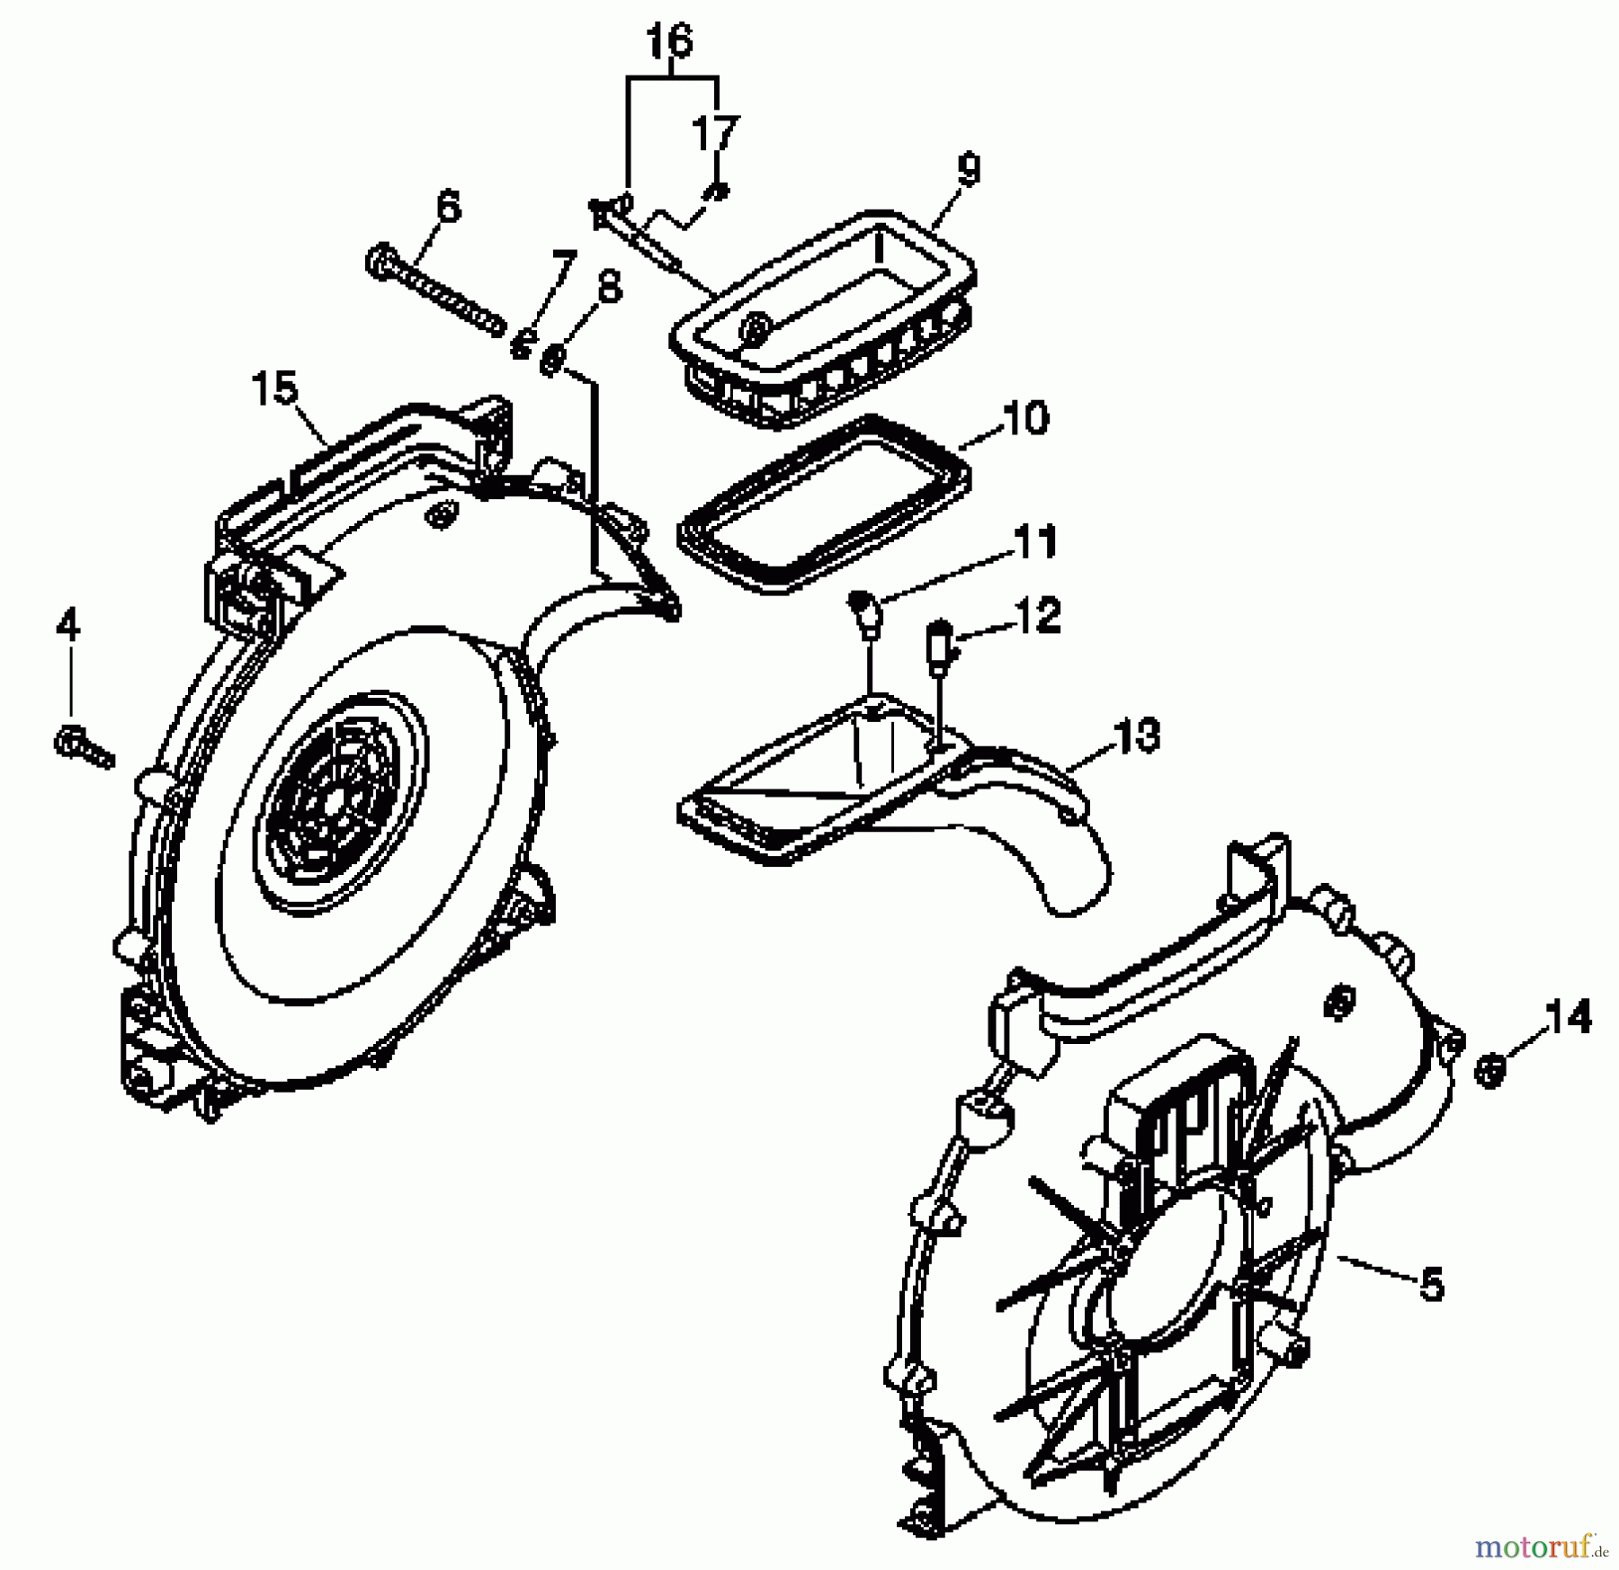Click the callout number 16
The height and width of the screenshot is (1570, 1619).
(x=671, y=42)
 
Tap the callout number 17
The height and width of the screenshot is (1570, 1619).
(x=715, y=135)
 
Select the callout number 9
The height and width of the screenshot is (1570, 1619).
(x=968, y=170)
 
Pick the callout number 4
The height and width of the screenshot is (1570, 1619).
(x=68, y=625)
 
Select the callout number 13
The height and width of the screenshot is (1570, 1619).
(x=1136, y=735)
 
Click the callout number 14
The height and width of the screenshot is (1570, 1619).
(x=1568, y=1018)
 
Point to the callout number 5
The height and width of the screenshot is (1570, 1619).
(x=1430, y=1284)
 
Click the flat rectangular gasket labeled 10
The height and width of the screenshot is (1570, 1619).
(x=823, y=504)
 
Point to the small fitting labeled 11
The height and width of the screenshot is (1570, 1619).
(x=865, y=613)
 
